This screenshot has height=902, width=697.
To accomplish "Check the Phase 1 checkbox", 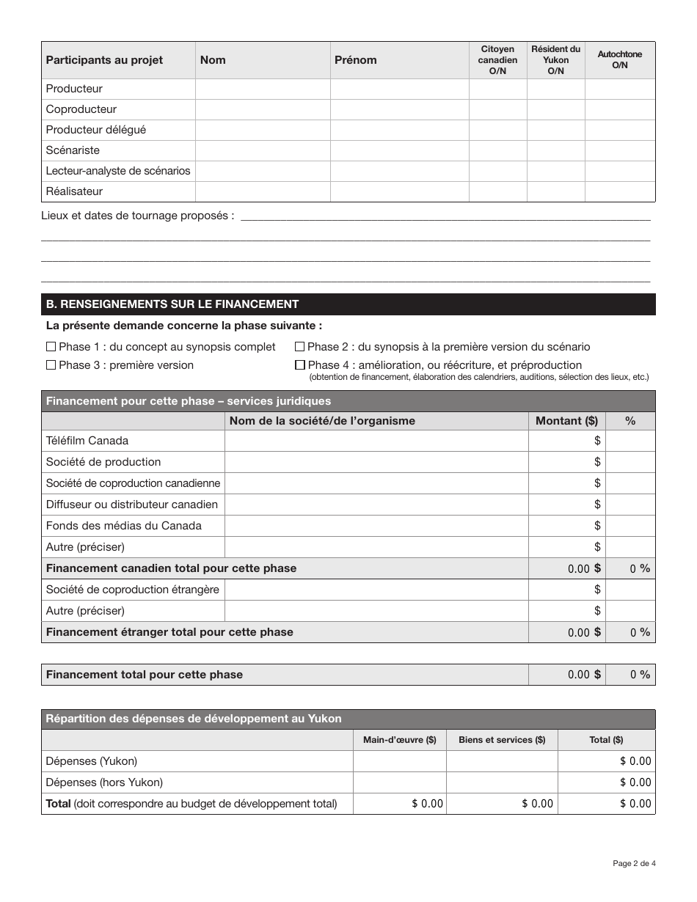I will [x=51, y=347].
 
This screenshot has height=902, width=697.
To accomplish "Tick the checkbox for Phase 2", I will [x=299, y=347].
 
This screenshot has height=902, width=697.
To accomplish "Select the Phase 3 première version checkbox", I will [x=51, y=365].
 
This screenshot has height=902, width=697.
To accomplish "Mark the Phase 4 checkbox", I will [x=299, y=365].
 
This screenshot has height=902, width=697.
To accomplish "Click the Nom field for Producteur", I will [x=263, y=89].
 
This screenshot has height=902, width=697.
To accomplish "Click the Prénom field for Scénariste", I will [x=399, y=150].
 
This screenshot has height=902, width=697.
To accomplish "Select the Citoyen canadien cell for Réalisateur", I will [x=497, y=191].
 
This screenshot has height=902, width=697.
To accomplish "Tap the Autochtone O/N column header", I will [x=619, y=60].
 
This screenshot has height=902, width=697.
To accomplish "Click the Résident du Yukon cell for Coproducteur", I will [x=555, y=109].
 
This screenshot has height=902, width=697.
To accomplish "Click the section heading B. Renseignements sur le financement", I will [x=172, y=304].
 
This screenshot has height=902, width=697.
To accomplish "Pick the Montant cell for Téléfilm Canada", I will [x=566, y=441].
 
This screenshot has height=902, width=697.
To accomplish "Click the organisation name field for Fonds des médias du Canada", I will [x=376, y=526].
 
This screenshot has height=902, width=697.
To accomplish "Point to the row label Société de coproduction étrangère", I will [x=133, y=590].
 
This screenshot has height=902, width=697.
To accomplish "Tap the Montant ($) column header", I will [x=566, y=421].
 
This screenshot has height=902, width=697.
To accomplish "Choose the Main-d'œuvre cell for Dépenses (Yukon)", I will [x=399, y=761].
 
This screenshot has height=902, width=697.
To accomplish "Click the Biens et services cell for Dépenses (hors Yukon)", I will [x=502, y=782].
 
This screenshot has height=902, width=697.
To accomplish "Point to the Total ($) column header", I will [x=606, y=740].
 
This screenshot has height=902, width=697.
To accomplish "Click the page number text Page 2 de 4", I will [x=634, y=863].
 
